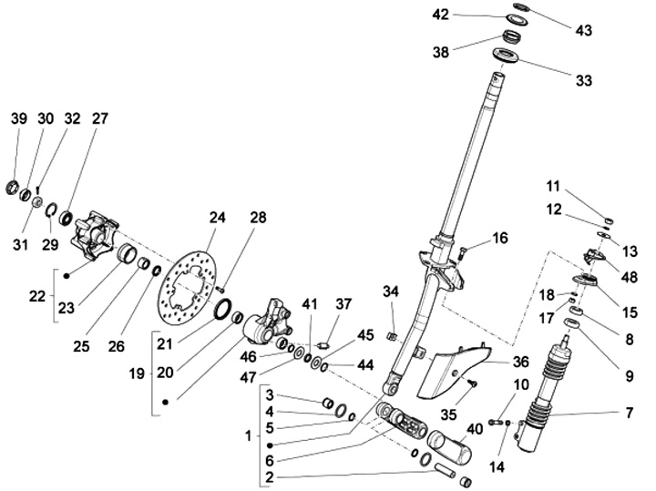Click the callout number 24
point(216,218)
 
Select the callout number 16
point(500,239)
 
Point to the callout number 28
point(259,218)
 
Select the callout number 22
point(36,296)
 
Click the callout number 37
point(343,302)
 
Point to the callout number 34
point(390,292)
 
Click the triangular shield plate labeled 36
point(448,372)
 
